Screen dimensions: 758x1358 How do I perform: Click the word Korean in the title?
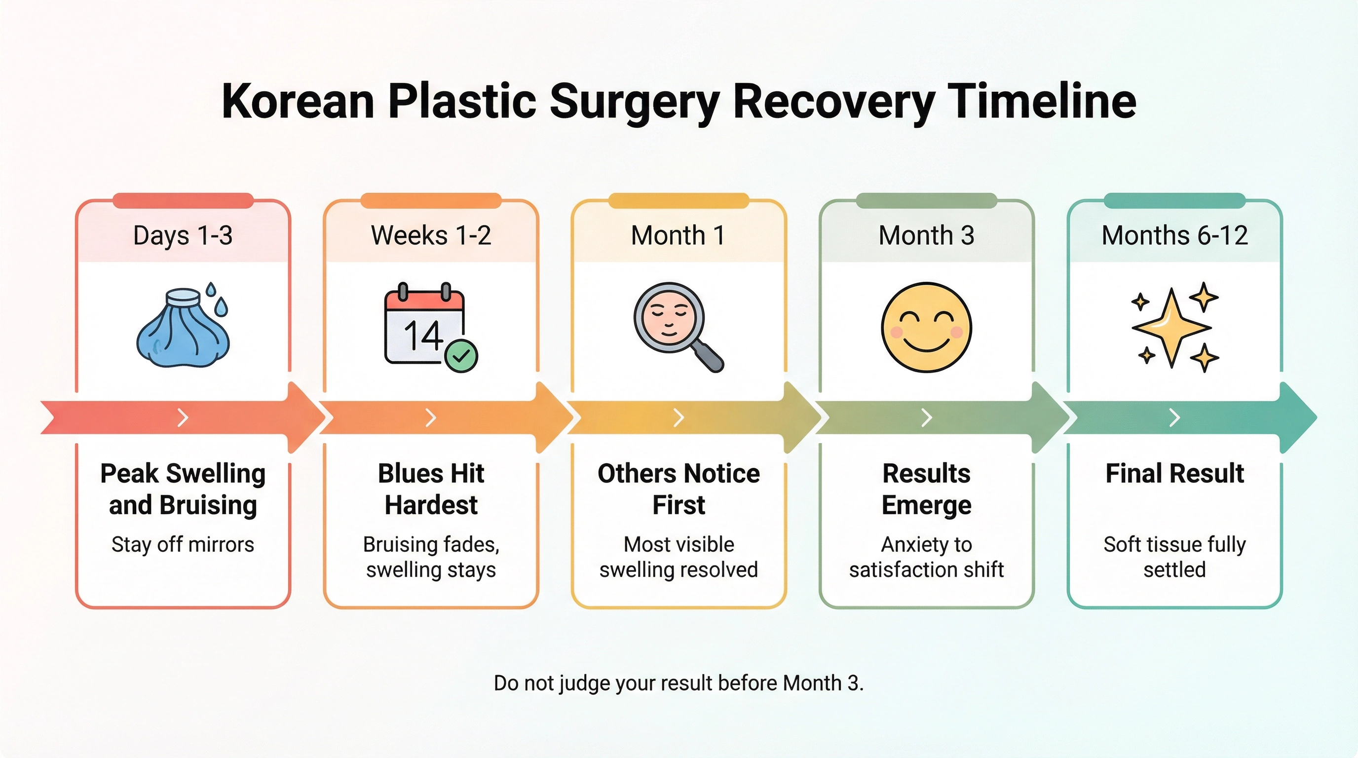(298, 101)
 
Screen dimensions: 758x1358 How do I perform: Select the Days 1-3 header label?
(183, 235)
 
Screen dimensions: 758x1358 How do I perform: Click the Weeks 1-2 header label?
(431, 235)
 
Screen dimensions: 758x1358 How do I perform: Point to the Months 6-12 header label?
(1174, 235)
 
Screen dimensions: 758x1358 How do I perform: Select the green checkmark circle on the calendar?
(461, 356)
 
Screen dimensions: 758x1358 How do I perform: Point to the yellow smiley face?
(926, 327)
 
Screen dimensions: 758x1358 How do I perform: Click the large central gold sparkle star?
(1171, 328)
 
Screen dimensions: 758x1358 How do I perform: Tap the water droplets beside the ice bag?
(217, 299)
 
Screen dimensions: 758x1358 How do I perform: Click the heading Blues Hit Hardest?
(431, 489)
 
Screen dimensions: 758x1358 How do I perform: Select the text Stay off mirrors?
(183, 544)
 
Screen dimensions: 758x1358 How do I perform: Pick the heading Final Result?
(1174, 473)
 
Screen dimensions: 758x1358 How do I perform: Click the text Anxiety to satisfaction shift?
(926, 557)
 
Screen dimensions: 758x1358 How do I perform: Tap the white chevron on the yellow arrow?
(679, 417)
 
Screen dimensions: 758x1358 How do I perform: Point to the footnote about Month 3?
(679, 683)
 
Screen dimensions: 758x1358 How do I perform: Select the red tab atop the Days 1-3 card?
(183, 201)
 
